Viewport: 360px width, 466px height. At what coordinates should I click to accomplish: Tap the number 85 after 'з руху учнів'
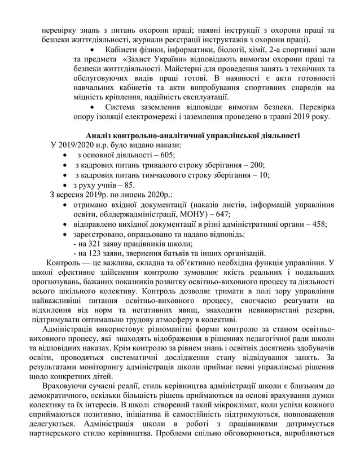tap(129, 185)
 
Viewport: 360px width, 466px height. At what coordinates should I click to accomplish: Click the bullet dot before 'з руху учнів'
tap(67, 185)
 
